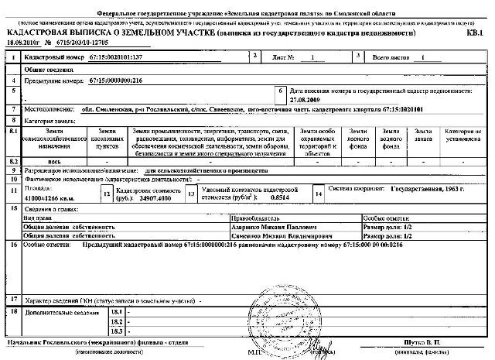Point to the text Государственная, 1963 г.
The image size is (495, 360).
tap(417, 189)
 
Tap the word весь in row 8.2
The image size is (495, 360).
tap(49, 160)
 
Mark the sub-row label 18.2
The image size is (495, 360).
tap(117, 321)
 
